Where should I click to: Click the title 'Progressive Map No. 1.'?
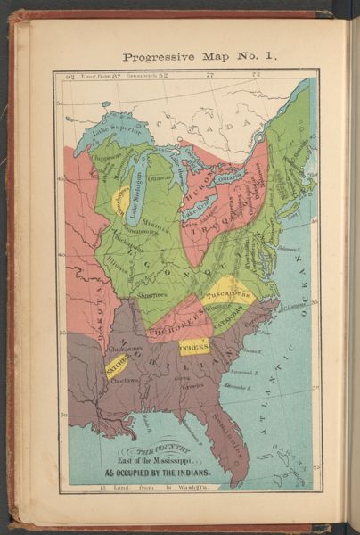point(200,56)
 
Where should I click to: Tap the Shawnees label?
point(151,293)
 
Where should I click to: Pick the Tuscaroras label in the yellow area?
point(228,290)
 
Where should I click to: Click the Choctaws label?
point(125,380)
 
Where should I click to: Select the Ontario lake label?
point(227,178)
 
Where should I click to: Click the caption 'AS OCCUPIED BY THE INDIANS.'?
point(160,473)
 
